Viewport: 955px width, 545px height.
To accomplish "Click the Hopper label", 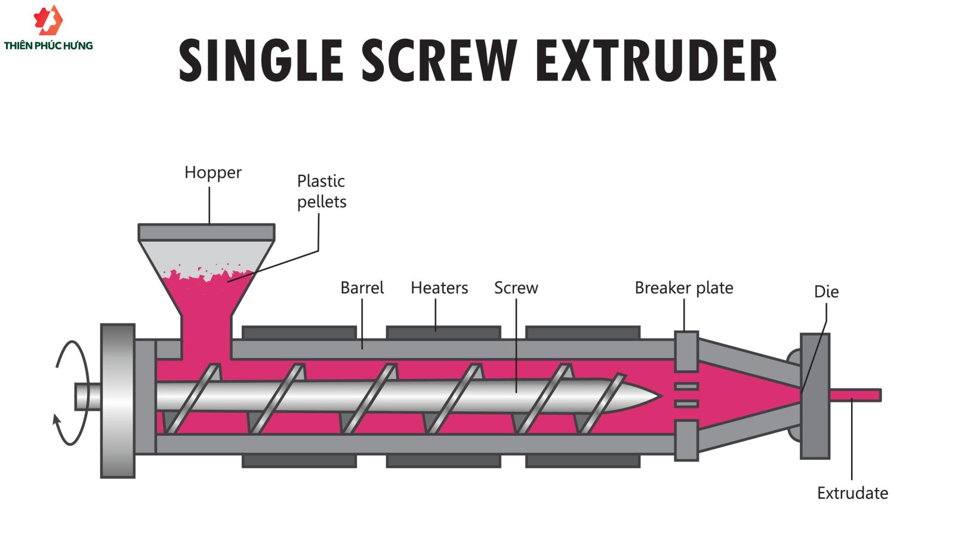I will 212,173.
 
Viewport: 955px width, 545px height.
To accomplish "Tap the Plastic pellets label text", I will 321,191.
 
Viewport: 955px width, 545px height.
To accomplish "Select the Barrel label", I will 362,288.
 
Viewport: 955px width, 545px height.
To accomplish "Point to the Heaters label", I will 439,288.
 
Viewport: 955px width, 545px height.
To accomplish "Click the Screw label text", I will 516,288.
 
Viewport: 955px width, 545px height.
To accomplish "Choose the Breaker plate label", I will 683,288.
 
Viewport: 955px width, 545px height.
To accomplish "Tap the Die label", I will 826,292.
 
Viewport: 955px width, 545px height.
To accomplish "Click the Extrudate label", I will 852,493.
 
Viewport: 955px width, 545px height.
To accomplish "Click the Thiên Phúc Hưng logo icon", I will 48,20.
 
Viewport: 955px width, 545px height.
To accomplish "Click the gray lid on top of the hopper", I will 207,232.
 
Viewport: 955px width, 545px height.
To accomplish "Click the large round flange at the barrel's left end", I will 118,401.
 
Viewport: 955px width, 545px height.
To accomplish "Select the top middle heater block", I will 443,332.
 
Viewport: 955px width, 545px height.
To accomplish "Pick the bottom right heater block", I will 583,461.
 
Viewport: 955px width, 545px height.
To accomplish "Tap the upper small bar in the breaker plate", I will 686,386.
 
